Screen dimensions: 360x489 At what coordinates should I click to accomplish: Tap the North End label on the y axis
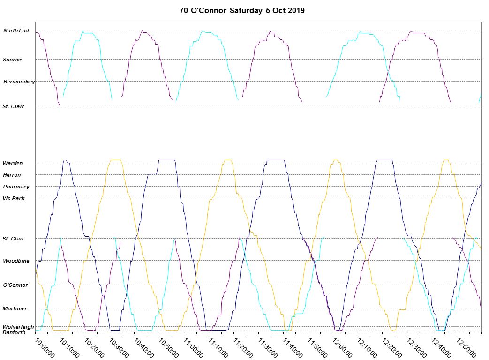[16, 31]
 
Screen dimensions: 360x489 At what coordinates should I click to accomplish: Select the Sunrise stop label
[13, 60]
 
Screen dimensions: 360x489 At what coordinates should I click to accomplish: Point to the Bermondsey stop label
[19, 82]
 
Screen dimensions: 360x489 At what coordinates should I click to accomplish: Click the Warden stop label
[12, 163]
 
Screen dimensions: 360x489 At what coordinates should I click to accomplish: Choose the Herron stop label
[12, 175]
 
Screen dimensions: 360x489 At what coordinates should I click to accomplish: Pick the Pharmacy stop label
[16, 187]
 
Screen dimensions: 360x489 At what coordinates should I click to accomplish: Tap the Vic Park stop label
[14, 198]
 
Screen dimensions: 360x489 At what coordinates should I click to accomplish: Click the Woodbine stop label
[16, 261]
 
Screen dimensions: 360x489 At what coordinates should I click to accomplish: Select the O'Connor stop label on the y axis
[15, 285]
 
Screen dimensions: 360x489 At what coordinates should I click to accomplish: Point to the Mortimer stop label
[15, 308]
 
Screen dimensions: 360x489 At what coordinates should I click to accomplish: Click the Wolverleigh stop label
[18, 327]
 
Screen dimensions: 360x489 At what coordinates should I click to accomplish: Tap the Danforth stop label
[14, 332]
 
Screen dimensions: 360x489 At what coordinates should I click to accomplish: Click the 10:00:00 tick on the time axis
[45, 348]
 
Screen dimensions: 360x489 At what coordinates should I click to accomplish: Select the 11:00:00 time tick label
[193, 348]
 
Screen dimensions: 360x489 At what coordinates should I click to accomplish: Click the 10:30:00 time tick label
[119, 348]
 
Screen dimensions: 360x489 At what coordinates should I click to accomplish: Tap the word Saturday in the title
[246, 10]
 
